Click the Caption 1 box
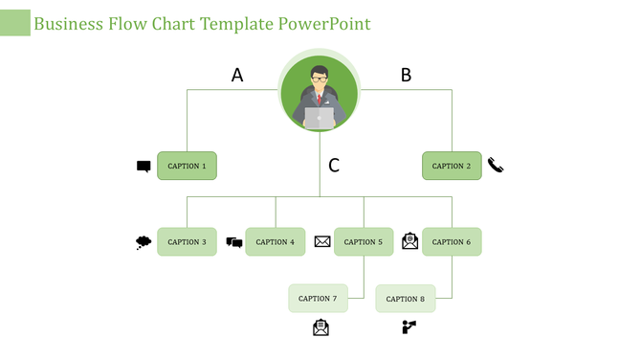coord(187,166)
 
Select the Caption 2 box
coord(452,166)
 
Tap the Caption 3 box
coord(187,242)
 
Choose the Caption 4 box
coord(276,242)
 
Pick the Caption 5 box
coord(363,242)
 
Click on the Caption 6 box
coord(452,242)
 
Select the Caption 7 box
coord(318,299)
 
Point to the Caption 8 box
coord(406,299)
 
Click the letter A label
coord(237,75)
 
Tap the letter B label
coord(406,75)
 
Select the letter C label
coord(334,166)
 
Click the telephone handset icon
coord(496,165)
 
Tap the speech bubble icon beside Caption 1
coord(144,167)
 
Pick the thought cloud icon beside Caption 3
coord(144,242)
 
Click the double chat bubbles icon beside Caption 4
coord(234,242)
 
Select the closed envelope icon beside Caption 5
coord(322,241)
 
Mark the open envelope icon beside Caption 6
coord(409,241)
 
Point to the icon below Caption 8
coord(409,327)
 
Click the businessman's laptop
coord(320,118)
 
